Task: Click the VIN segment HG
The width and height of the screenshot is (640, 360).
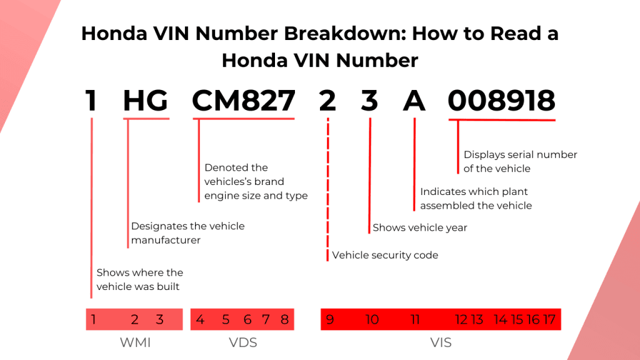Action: coord(145,101)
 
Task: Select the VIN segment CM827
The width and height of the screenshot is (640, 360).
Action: coord(243,101)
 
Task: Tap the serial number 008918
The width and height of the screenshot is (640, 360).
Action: coord(502,101)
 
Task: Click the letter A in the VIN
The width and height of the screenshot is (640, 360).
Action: coord(414,101)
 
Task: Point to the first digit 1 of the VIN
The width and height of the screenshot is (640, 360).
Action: coord(91,101)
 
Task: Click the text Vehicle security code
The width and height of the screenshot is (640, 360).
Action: coord(385,255)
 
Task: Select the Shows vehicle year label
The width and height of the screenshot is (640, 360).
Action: coord(420,227)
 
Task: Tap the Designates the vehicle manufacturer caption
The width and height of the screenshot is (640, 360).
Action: coord(187,232)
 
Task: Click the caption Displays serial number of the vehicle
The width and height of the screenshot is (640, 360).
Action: coord(520,161)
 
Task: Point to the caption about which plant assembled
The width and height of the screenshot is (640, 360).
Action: coord(476,198)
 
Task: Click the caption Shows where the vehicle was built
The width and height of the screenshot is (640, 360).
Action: coord(139,279)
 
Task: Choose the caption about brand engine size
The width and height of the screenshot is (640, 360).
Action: coord(256,182)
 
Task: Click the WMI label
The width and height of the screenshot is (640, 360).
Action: coord(135,342)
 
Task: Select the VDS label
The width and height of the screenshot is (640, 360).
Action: coord(242,342)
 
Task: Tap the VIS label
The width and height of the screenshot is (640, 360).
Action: coord(441,342)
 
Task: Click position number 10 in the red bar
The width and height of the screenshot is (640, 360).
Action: coord(372,319)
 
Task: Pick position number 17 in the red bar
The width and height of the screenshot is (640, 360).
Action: coord(549,319)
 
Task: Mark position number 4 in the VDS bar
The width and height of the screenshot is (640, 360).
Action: coord(200,319)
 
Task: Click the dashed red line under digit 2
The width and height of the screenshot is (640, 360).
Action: coord(327,187)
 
